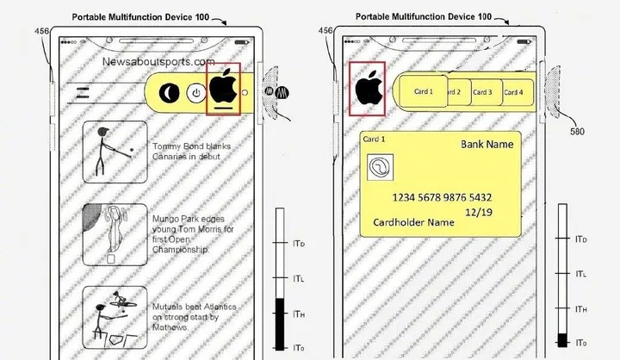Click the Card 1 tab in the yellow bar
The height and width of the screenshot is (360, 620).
tap(424, 91)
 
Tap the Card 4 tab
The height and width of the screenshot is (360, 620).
tap(518, 92)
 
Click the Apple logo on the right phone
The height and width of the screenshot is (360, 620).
tap(369, 88)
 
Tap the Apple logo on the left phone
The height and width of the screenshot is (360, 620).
tap(223, 86)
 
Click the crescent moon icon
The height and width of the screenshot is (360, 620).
tap(170, 93)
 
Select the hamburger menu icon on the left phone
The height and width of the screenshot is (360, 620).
tap(83, 93)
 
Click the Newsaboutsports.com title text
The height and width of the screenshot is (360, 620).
tap(158, 62)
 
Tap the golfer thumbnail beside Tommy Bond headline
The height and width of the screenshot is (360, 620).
tap(115, 152)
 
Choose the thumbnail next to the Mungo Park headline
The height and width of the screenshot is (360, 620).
tap(115, 234)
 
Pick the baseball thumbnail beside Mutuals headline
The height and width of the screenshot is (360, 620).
tap(115, 318)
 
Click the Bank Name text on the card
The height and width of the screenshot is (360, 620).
tap(487, 145)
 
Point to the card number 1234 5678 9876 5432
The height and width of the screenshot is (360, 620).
tap(442, 197)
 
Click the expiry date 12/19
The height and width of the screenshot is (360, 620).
tap(479, 213)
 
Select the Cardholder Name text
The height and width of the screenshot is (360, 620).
tap(413, 222)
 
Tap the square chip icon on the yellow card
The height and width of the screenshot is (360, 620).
tap(380, 167)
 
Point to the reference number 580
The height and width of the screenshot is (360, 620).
tap(577, 132)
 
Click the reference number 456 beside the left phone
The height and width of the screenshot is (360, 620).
tap(42, 31)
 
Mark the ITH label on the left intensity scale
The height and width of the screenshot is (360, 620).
tap(299, 314)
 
